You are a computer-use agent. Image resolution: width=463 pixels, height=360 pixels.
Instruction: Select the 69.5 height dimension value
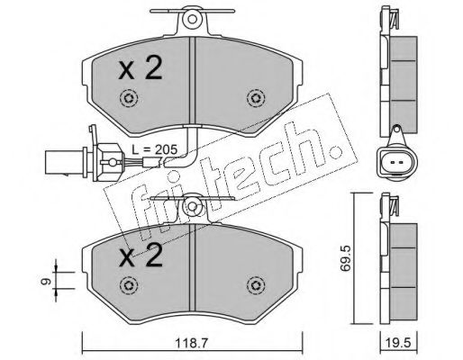pos(345,258)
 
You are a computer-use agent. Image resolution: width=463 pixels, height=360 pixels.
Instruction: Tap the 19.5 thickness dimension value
pos(399,342)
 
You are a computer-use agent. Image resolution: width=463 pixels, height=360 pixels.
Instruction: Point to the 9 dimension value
pos(46,282)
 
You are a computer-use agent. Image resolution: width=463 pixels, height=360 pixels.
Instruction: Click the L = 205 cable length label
pos(155,149)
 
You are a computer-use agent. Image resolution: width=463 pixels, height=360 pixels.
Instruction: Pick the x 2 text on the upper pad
pos(141,68)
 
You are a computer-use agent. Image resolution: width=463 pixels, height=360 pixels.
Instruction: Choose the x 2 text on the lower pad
pos(141,256)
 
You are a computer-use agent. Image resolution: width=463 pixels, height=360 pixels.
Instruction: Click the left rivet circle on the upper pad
pos(129,98)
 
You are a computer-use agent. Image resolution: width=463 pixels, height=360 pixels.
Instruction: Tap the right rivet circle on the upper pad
pos(256,98)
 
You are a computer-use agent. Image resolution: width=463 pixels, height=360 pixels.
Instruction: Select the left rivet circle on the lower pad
pos(129,285)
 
